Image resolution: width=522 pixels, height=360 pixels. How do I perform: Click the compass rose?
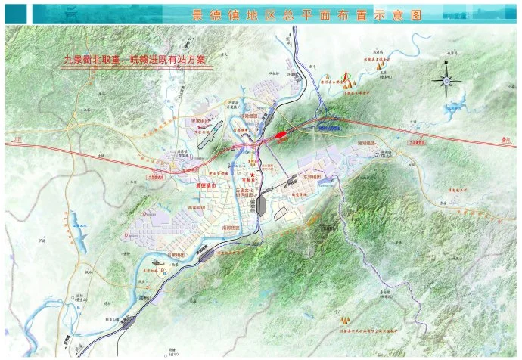[x=446, y=81]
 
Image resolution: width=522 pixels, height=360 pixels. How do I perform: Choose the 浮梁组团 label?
[x=250, y=116]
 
